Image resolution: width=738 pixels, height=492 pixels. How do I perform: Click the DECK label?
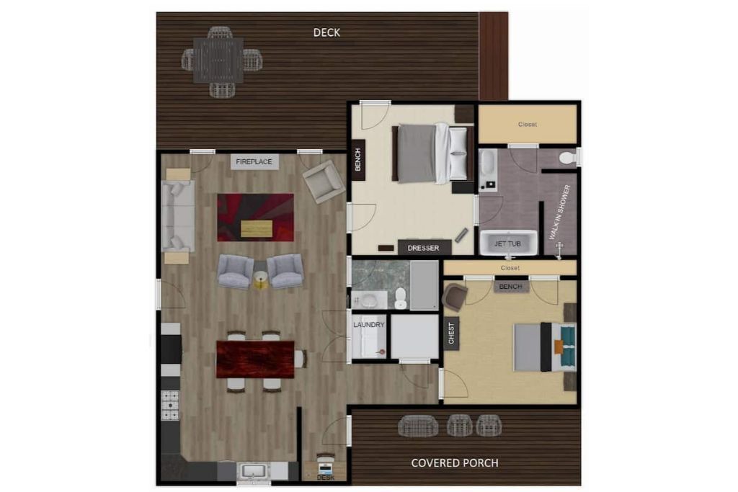(326, 32)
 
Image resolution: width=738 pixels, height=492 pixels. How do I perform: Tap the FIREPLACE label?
(254, 162)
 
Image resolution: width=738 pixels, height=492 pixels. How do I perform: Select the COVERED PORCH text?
(455, 463)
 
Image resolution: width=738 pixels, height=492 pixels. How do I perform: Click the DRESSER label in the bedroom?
(423, 248)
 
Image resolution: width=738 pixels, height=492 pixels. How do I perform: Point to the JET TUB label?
(507, 243)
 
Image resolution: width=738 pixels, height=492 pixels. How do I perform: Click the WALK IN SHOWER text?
(560, 212)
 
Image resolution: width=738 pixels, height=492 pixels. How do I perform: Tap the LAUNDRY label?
(369, 325)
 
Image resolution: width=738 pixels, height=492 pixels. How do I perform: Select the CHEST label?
(451, 333)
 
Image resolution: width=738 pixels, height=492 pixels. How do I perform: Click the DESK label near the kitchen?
(326, 478)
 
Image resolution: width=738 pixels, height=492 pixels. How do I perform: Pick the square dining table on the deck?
(218, 61)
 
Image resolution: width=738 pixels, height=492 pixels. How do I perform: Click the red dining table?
(255, 359)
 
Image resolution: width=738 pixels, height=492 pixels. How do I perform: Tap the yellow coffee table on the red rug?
(257, 228)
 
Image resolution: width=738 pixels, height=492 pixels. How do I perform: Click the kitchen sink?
(254, 471)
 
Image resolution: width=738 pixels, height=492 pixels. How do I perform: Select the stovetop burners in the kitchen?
(170, 405)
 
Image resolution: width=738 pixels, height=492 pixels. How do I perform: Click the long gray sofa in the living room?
(178, 216)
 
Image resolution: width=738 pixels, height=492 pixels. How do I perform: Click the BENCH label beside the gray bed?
(357, 159)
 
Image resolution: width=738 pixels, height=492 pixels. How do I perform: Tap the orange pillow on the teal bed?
(559, 346)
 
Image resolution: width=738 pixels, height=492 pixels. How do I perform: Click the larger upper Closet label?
(527, 124)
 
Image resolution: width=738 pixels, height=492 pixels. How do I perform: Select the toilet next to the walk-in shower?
(568, 158)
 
